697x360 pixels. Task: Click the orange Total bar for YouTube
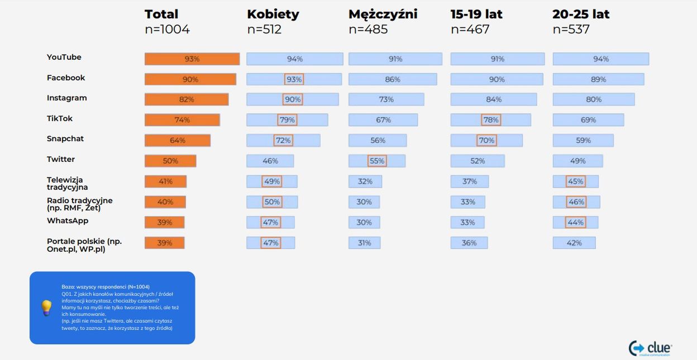[x=192, y=59]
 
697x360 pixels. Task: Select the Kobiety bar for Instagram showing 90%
[x=292, y=99]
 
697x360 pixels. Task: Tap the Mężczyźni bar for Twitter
[x=377, y=161]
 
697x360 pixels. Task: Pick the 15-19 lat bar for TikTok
[x=490, y=120]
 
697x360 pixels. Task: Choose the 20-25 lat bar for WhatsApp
[x=575, y=222]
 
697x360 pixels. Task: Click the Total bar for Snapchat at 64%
[x=178, y=141]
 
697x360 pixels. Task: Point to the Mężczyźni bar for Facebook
[x=393, y=79]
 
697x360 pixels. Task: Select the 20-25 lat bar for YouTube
[x=600, y=59]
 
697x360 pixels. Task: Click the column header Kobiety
[x=273, y=15]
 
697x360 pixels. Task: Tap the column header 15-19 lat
[x=476, y=15]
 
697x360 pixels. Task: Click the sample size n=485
[x=368, y=30]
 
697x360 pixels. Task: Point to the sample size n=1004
[x=167, y=30]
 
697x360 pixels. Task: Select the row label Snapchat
[x=65, y=138]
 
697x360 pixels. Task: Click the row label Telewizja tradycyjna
[x=67, y=184]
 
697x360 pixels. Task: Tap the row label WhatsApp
[x=68, y=220]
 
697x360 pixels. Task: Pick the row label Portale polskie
[x=84, y=245]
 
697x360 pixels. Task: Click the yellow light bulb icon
[x=47, y=308]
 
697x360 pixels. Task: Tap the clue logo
[x=651, y=348]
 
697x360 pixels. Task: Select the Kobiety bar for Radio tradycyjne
[x=272, y=202]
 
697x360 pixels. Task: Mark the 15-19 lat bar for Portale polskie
[x=469, y=243]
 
